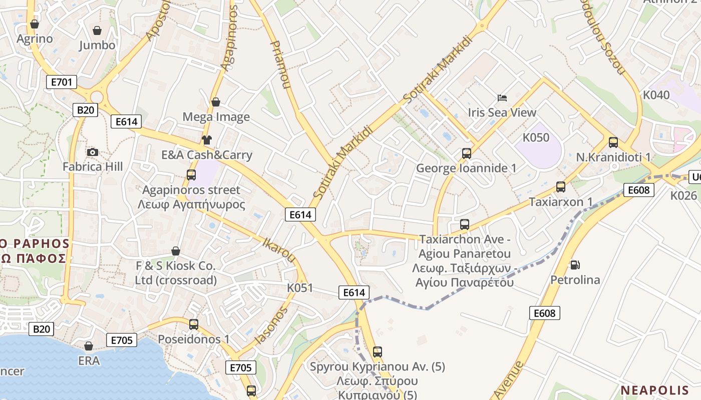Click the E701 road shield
point(62,82)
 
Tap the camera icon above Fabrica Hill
point(93,152)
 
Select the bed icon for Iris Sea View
point(502,97)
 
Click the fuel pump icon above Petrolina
point(575,264)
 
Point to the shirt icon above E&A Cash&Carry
point(206,140)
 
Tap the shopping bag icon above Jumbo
point(97,30)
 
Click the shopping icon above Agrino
point(35,24)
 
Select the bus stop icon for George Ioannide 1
point(467,153)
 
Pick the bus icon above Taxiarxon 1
point(561,187)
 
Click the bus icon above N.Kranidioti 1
point(613,142)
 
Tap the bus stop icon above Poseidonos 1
point(194,324)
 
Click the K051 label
point(300,288)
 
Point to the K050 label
point(536,137)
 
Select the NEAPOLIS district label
point(655,390)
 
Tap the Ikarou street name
point(279,250)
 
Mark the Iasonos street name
point(271,325)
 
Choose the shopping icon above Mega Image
point(216,102)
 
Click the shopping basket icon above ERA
point(89,346)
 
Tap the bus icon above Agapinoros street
point(191,175)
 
